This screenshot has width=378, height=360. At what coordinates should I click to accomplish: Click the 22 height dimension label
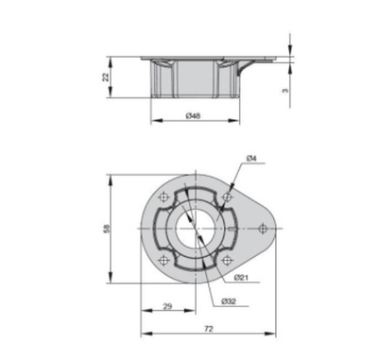106,77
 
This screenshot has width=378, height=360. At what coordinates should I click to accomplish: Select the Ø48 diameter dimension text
193,116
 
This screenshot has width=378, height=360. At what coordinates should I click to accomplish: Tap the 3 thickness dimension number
285,91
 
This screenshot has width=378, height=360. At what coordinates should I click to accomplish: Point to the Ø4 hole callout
251,159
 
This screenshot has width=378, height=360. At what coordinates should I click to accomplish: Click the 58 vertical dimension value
106,229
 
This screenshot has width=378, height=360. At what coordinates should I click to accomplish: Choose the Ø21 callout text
241,277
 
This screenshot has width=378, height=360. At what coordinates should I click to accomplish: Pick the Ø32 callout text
229,301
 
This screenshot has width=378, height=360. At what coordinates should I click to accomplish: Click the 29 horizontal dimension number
168,306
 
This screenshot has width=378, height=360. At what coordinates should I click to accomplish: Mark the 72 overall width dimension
209,329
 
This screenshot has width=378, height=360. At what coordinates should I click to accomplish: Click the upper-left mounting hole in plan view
163,197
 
